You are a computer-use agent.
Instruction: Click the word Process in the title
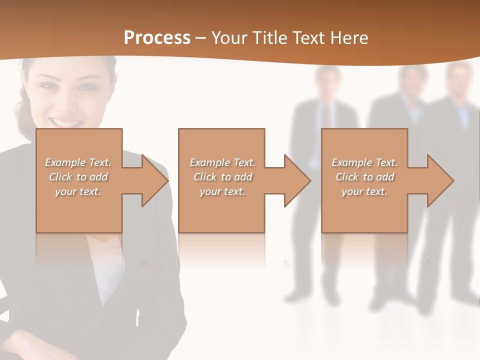(157, 38)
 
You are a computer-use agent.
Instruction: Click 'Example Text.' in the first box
(78, 162)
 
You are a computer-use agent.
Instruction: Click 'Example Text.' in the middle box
(222, 162)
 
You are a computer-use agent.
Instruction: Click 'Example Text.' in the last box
(364, 162)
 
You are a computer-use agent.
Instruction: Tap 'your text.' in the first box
(78, 191)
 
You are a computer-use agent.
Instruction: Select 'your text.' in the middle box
(222, 191)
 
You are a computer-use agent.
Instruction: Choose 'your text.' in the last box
(364, 191)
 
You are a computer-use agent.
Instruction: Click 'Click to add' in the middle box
(222, 177)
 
